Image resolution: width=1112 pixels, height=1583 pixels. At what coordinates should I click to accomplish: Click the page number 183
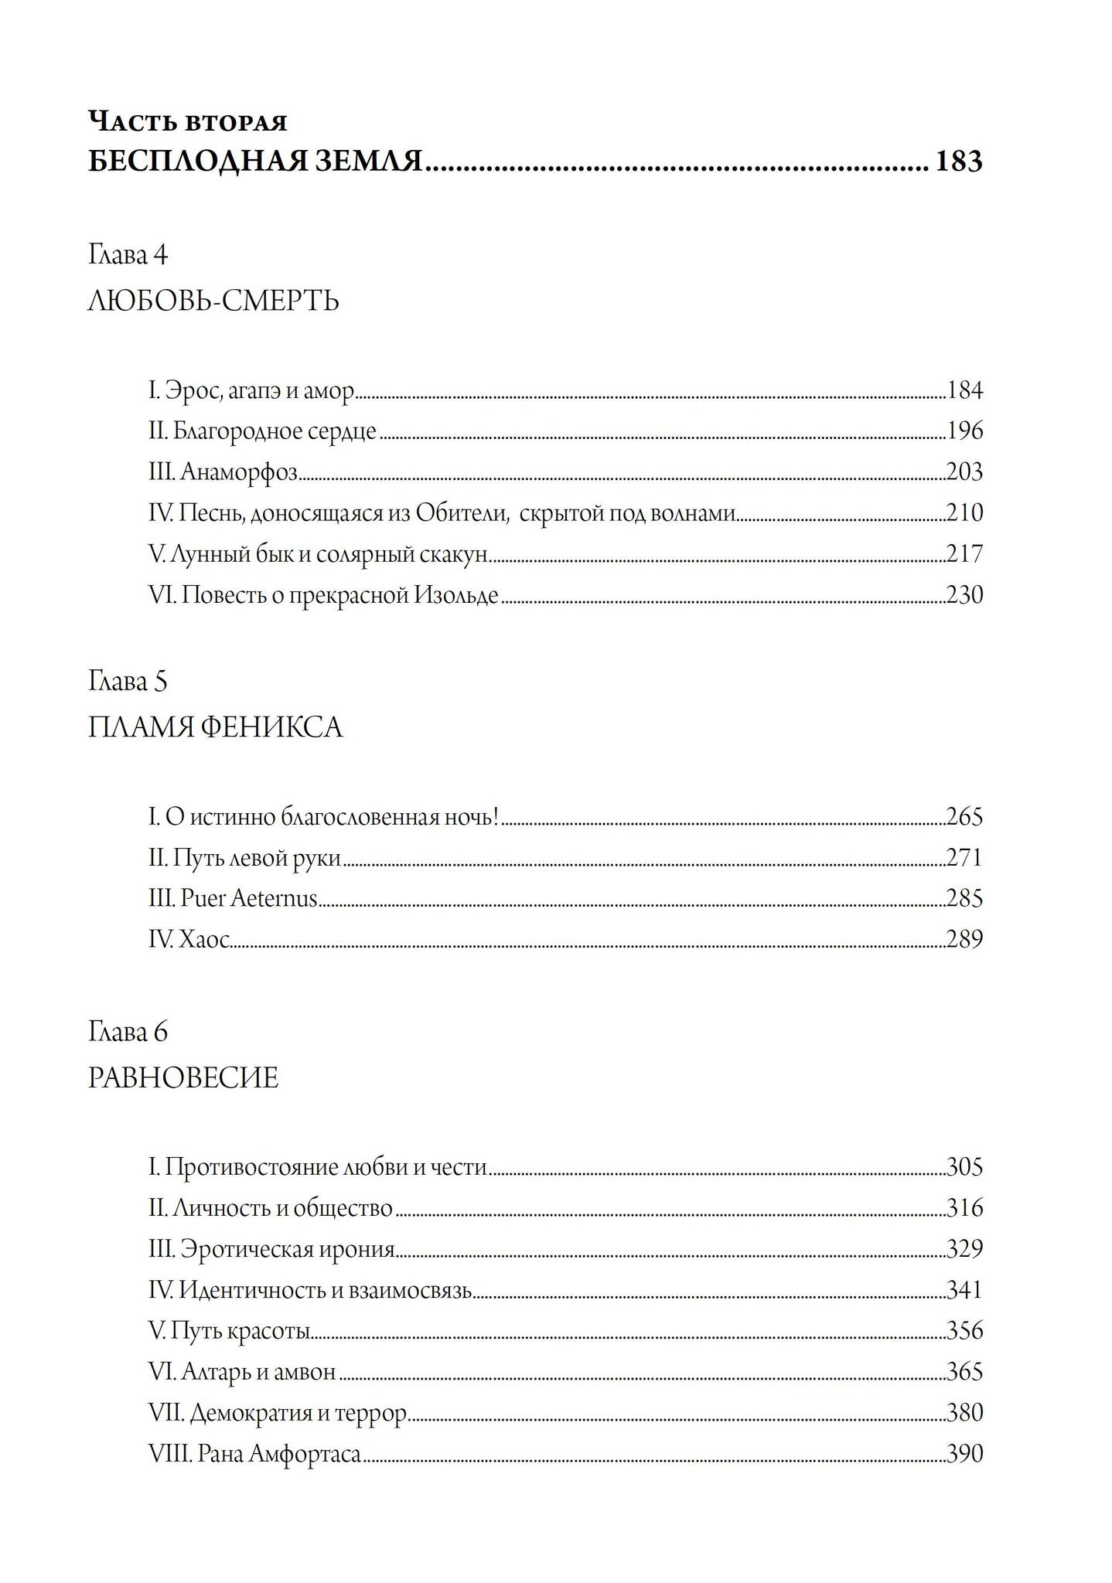959,162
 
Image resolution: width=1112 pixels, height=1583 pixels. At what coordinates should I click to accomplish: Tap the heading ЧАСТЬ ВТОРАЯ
188,121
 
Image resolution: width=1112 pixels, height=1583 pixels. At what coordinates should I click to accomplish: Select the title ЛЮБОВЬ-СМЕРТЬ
213,300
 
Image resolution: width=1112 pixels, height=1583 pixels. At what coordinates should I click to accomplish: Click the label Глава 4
128,254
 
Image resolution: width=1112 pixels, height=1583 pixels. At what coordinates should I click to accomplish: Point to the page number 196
964,431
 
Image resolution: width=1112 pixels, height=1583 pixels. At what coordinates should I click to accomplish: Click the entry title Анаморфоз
239,471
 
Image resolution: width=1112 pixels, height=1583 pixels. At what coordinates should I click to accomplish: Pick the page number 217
964,554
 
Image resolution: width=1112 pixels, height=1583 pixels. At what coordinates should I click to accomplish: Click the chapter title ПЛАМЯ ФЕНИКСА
215,727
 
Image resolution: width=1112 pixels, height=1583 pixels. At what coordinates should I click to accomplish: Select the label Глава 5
128,682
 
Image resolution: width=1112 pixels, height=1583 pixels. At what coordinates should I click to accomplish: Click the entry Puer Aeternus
248,898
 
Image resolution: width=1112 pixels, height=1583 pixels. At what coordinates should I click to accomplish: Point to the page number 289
964,939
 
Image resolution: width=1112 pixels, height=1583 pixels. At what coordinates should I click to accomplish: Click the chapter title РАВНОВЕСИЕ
183,1077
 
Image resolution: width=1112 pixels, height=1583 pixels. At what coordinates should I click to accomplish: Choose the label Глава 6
128,1032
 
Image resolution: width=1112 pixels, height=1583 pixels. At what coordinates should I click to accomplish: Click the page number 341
964,1289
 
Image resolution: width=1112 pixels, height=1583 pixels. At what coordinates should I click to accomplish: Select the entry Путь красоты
240,1331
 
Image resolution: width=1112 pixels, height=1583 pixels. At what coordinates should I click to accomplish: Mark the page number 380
964,1412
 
